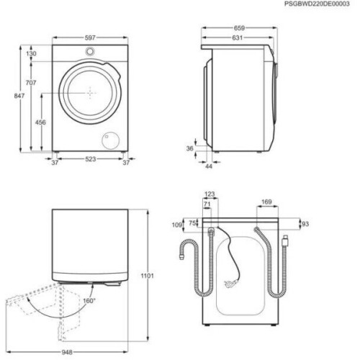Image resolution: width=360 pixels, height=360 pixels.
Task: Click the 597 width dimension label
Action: point(90,37)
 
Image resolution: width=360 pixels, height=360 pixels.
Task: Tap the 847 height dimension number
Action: point(19,96)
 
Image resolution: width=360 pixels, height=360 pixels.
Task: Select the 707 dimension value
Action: point(31,83)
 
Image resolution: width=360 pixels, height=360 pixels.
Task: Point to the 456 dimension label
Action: point(40,122)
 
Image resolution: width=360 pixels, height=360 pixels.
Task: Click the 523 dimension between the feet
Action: point(91,159)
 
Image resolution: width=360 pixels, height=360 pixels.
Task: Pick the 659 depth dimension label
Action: point(239,28)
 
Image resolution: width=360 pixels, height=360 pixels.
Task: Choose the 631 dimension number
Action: point(238,37)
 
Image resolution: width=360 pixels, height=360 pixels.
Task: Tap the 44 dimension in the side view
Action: point(209,166)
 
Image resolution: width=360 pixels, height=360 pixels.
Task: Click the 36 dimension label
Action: point(189,148)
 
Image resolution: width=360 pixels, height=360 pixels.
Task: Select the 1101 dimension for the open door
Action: point(147,276)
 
